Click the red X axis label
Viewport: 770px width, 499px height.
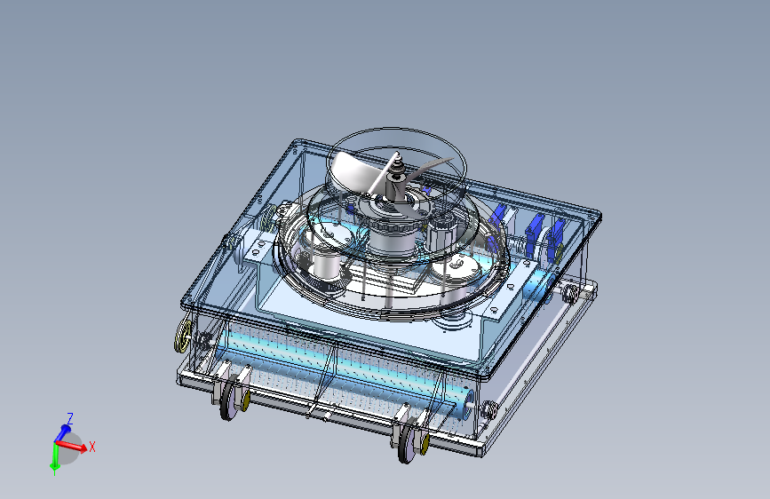[91, 447]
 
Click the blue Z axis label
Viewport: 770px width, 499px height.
[70, 418]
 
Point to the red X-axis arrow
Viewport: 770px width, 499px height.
[72, 445]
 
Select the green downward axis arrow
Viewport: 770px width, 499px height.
[54, 458]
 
